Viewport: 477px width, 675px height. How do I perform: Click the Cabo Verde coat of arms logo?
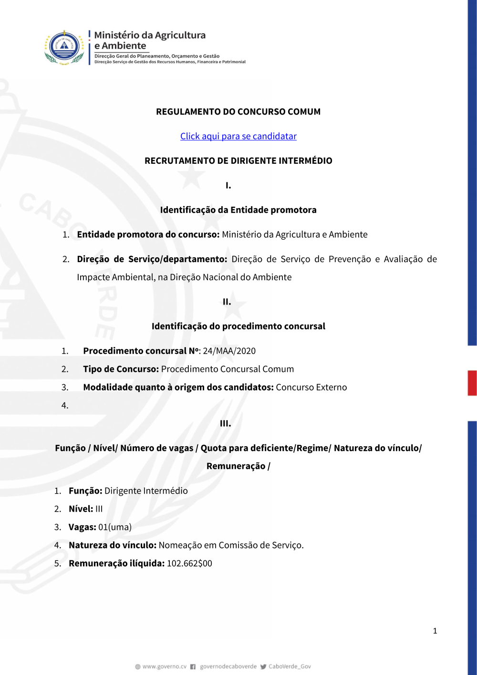click(x=64, y=47)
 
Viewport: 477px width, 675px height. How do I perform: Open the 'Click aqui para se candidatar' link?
click(x=238, y=136)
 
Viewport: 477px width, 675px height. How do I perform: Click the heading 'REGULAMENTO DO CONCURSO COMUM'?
click(x=238, y=112)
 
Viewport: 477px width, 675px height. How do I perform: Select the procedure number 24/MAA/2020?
click(x=229, y=351)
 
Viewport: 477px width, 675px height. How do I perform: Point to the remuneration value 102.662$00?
click(x=189, y=563)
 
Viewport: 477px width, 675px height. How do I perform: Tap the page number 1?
click(x=435, y=631)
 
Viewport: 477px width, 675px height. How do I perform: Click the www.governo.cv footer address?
click(x=164, y=666)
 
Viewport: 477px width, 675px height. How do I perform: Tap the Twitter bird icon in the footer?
click(x=263, y=667)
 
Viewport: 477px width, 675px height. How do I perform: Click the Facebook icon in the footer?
click(x=193, y=667)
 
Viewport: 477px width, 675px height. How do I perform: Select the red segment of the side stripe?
click(x=472, y=383)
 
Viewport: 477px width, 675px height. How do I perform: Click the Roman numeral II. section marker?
click(x=227, y=302)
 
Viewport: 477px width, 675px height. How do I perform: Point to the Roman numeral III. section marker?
click(x=225, y=423)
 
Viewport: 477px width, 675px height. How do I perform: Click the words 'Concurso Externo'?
click(x=311, y=387)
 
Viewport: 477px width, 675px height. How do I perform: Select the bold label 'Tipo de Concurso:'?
click(x=121, y=369)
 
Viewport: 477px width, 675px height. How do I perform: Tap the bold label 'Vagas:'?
click(x=82, y=527)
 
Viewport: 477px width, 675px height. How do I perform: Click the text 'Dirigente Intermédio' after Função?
click(x=146, y=491)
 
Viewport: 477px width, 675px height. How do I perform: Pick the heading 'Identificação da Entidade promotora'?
click(x=238, y=210)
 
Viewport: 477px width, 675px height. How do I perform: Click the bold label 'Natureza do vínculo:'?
click(x=113, y=545)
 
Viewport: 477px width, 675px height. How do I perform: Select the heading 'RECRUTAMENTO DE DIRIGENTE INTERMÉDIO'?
click(x=238, y=161)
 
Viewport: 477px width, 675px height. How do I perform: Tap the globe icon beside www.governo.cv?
click(x=138, y=667)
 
